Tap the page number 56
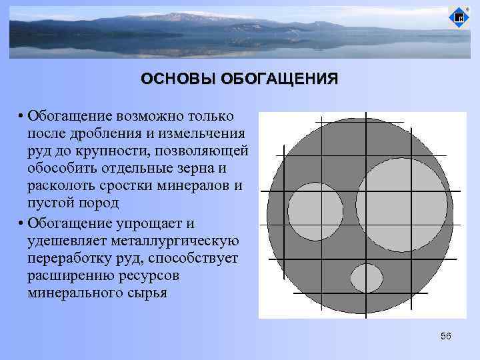point(446,336)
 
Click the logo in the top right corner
point(459,18)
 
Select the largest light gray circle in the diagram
point(401,205)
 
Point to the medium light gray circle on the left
point(315,211)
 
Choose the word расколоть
point(63,186)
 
